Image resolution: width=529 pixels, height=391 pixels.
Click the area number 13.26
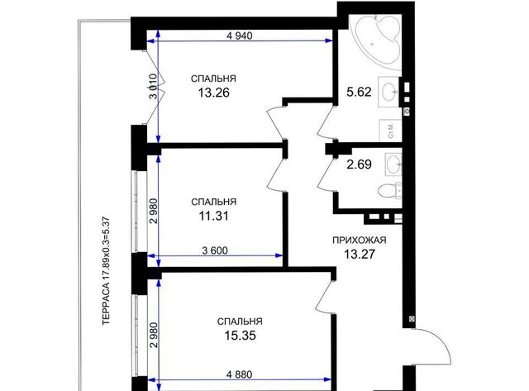pos(213,92)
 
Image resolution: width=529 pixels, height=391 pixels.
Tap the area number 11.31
pos(213,216)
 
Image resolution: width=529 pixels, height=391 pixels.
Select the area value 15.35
pos(240,336)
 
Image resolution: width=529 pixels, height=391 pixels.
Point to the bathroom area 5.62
pos(359,92)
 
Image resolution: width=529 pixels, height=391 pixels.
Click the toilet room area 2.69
pos(359,165)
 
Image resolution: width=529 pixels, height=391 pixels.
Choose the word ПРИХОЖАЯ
pos(360,241)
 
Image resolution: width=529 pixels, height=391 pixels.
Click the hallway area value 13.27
pos(360,254)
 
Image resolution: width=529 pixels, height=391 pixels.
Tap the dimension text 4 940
pos(240,36)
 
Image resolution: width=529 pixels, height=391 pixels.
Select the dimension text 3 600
pos(215,250)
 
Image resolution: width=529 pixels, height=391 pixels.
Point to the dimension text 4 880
pos(240,374)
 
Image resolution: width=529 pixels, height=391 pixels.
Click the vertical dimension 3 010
pos(153,86)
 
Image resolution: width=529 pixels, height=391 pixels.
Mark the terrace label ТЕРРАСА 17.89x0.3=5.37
pos(107,271)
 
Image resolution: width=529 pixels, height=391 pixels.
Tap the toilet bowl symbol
pos(389,191)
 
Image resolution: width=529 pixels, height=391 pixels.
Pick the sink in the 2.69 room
pos(393,165)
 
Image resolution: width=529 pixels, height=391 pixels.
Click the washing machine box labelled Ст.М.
pos(390,131)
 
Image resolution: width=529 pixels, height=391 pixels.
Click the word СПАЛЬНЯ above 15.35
pos(240,322)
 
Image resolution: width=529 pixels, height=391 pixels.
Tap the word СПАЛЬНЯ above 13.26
pos(213,79)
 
